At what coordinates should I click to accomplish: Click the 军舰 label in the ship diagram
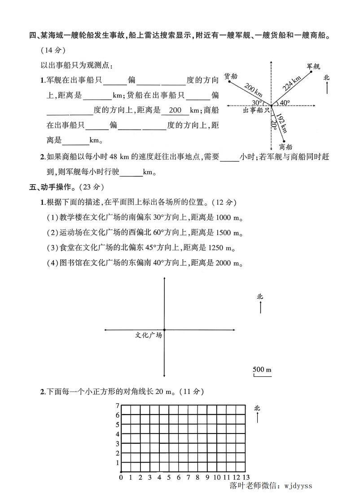point(313,66)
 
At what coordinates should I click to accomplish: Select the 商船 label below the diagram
point(285,146)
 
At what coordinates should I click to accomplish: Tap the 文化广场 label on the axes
point(148,335)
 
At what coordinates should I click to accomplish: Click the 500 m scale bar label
point(262,370)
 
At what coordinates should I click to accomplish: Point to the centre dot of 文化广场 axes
point(164,330)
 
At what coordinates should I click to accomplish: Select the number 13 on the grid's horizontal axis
point(246,477)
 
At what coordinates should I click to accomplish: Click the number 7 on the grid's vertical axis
point(117,406)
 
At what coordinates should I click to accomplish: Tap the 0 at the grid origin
point(121,477)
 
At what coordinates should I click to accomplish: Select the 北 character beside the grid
point(257,408)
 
